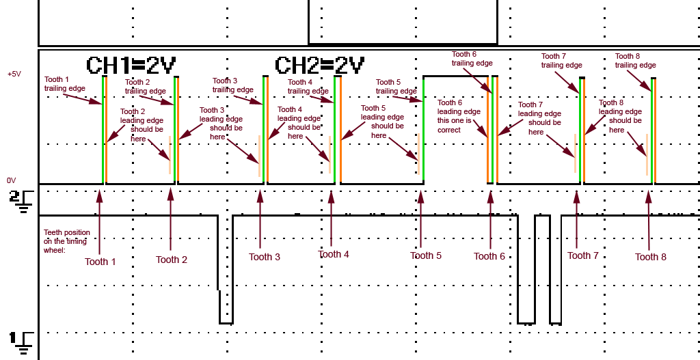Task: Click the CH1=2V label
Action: point(131,66)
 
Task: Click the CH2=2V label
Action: point(319,66)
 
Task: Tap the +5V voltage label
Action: point(15,74)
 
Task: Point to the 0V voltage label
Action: point(12,180)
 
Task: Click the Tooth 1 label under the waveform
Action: point(100,262)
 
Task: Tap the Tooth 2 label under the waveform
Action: point(172,260)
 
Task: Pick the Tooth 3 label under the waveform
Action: point(265,257)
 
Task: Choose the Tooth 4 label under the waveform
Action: point(334,254)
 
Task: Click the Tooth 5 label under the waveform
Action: point(426,255)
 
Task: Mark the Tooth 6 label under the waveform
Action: point(489,256)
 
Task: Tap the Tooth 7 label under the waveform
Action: point(583,255)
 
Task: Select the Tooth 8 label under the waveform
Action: point(651,257)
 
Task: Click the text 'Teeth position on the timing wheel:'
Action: point(66,241)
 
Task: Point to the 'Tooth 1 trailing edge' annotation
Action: point(65,84)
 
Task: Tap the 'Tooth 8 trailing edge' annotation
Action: point(635,61)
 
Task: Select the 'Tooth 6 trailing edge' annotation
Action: point(472,59)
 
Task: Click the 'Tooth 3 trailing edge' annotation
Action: point(232,85)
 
